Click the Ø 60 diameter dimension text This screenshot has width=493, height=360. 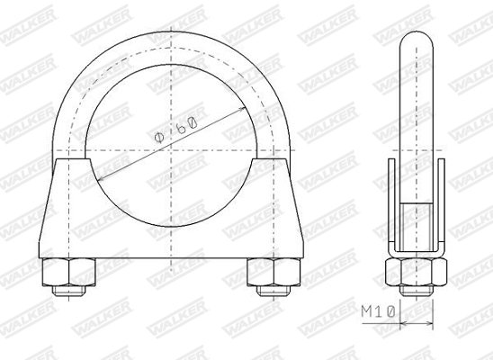tap(176, 130)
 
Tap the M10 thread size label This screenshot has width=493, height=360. tap(378, 312)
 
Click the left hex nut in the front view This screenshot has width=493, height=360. tap(68, 272)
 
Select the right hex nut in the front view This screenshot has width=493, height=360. tap(273, 272)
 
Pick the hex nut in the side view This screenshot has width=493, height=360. tap(416, 272)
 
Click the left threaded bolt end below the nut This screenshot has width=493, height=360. tap(69, 291)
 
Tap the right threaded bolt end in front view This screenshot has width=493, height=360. tap(273, 291)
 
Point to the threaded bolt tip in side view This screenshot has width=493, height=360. tap(416, 291)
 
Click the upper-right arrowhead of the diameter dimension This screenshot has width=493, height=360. tap(242, 110)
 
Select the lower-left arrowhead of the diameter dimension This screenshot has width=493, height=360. tap(101, 178)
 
